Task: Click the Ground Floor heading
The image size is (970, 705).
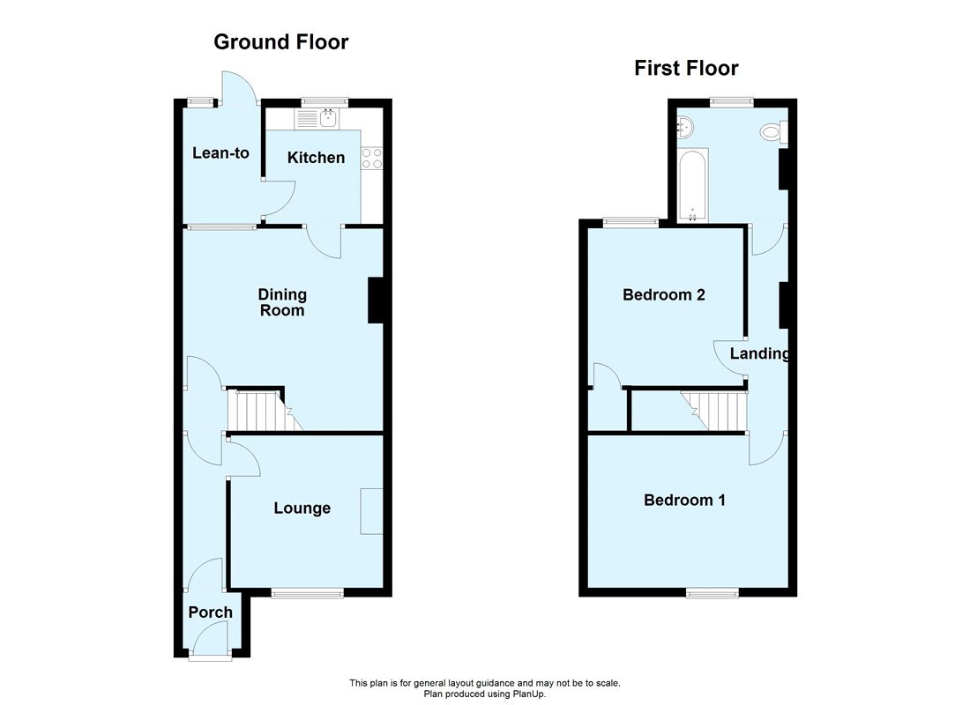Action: pos(281,41)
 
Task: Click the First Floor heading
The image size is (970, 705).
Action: pos(686,68)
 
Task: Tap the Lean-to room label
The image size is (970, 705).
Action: pos(220,153)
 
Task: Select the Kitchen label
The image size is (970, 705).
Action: pos(317,158)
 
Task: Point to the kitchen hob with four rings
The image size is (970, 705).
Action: pos(371,158)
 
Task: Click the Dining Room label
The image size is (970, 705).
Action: pos(281,302)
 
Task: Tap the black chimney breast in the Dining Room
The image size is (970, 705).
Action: pos(376,301)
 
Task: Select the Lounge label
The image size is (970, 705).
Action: pos(302,508)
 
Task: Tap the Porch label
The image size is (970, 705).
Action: pos(211,612)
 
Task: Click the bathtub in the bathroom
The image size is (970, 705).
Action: pos(692,186)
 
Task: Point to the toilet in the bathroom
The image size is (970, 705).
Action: pos(773,133)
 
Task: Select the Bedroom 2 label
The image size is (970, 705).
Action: pos(663,294)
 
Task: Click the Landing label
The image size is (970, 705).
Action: pos(759,353)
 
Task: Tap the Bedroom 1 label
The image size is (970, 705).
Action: pos(684,500)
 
